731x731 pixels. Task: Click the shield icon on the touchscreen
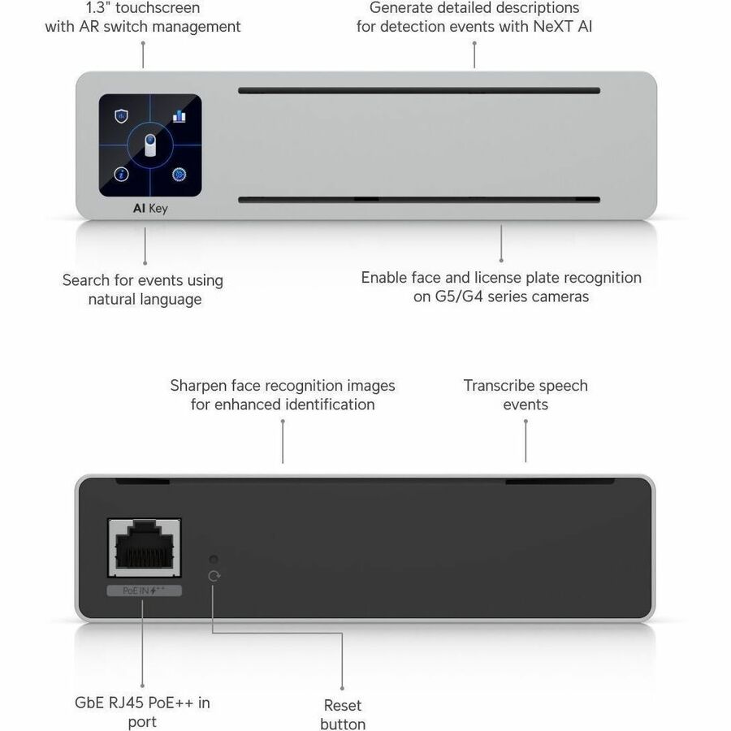[x=121, y=115]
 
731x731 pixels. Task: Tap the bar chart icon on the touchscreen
[x=179, y=116]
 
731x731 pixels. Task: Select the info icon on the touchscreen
[x=121, y=175]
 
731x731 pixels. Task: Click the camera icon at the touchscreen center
[x=150, y=145]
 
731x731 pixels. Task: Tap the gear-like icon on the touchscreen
[x=179, y=175]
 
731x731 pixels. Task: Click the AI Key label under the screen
[x=150, y=209]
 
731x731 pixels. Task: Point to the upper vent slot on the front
[x=419, y=90]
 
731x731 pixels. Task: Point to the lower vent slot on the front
[x=419, y=200]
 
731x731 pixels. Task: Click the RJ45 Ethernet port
[x=145, y=547]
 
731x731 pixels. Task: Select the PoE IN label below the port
[x=144, y=590]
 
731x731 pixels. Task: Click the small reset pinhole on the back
[x=214, y=559]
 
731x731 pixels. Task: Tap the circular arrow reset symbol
[x=214, y=576]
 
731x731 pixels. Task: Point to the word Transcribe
[x=495, y=386]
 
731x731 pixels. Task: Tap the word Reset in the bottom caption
[x=343, y=705]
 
